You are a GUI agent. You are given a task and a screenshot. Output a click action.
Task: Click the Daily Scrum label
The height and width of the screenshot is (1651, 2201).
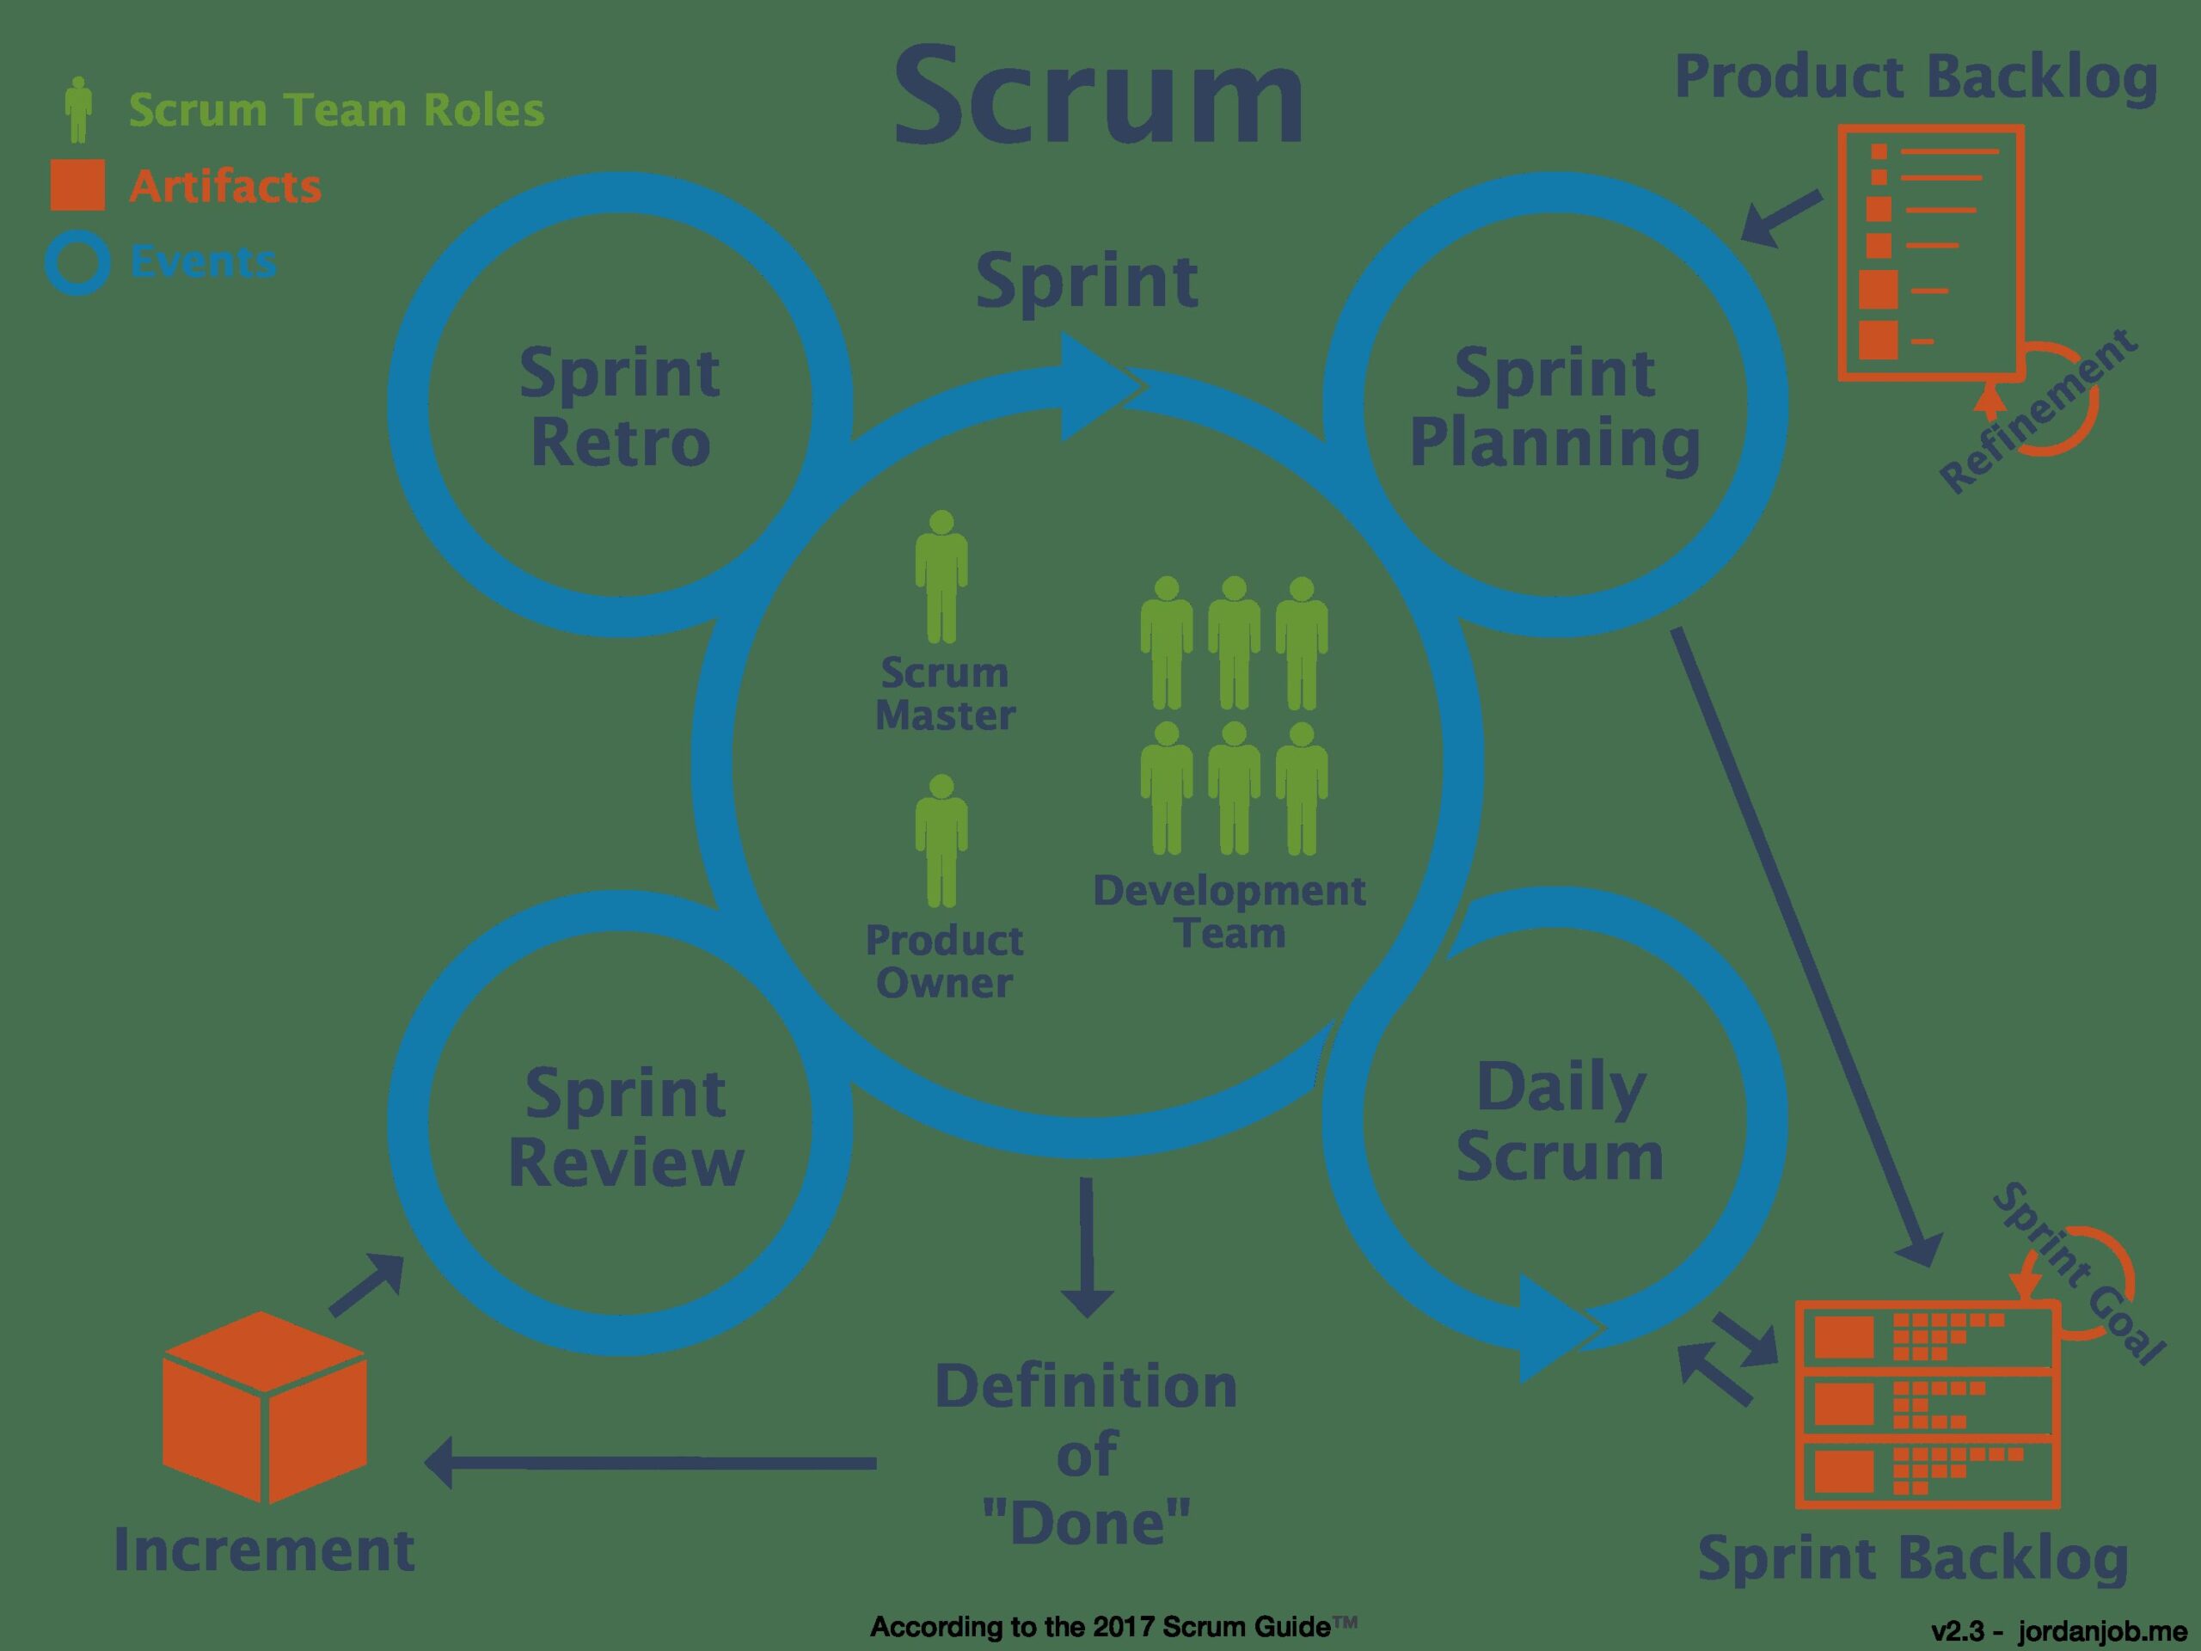click(1560, 1122)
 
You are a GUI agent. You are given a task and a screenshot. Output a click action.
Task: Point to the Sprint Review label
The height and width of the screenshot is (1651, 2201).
click(626, 1127)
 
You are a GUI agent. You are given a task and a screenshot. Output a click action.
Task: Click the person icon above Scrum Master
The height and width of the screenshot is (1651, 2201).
click(941, 577)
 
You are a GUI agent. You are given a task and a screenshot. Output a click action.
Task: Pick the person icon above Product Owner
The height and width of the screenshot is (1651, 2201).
click(941, 841)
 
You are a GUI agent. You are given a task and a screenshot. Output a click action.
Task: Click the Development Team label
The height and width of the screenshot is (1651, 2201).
click(1229, 911)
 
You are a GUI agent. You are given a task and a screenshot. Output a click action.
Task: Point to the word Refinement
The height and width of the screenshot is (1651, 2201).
click(2040, 410)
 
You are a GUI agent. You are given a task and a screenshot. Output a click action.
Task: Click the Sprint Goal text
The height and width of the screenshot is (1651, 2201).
click(2079, 1274)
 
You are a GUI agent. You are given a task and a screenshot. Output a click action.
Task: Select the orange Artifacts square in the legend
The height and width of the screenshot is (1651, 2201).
click(77, 185)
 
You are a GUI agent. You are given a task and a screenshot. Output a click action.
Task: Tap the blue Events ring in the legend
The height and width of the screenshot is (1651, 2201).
click(77, 263)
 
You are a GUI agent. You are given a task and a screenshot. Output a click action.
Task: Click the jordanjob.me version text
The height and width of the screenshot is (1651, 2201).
click(2059, 1631)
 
